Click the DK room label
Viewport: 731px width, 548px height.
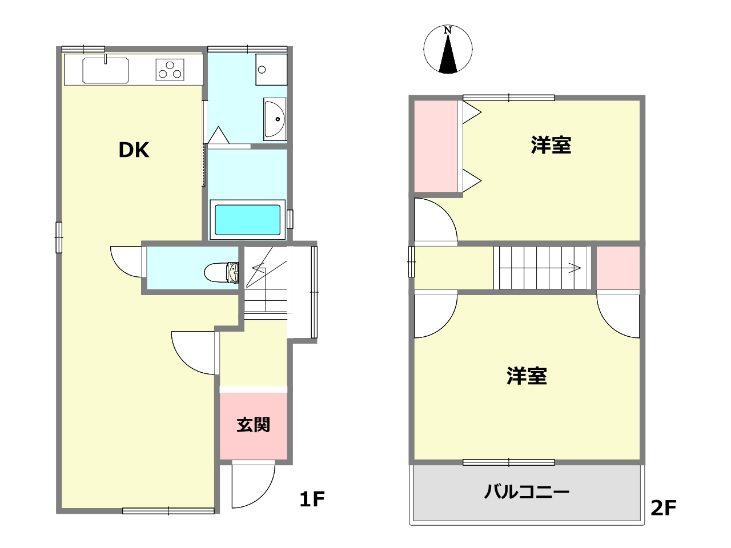point(134,150)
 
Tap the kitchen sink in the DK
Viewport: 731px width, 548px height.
point(105,70)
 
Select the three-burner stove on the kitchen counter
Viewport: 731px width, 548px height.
point(170,70)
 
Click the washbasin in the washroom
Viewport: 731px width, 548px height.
point(275,119)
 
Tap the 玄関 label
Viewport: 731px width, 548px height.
point(253,425)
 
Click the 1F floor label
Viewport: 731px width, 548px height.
point(312,499)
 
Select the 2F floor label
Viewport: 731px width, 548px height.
point(663,507)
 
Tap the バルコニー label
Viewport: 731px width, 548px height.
point(527,491)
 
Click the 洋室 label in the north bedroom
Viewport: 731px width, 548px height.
point(551,145)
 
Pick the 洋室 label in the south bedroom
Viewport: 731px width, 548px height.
point(527,376)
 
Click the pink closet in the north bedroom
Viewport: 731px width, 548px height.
point(436,146)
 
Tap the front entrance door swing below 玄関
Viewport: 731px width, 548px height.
point(251,485)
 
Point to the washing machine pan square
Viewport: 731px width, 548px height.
point(271,70)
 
